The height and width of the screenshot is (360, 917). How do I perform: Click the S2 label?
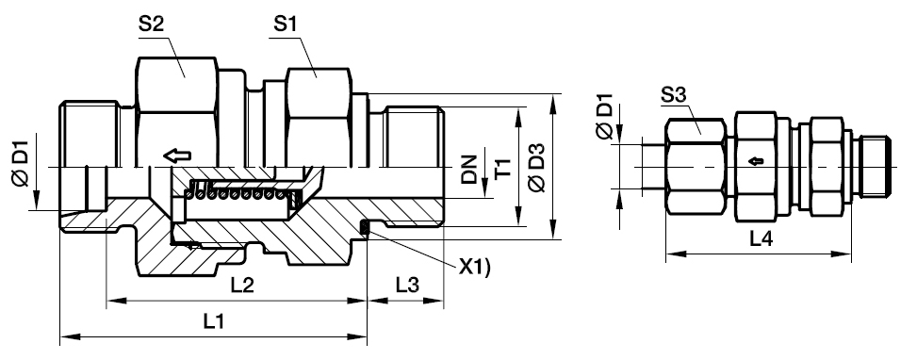[152, 25]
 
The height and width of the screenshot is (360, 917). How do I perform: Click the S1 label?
[286, 25]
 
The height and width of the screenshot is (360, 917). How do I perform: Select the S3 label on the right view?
[673, 94]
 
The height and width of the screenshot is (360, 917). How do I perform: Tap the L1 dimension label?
[213, 320]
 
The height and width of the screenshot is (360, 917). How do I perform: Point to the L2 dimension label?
[242, 286]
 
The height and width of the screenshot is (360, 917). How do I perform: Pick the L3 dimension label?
[407, 286]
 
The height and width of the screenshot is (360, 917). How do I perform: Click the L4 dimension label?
[761, 239]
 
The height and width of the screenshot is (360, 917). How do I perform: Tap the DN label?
[469, 170]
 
